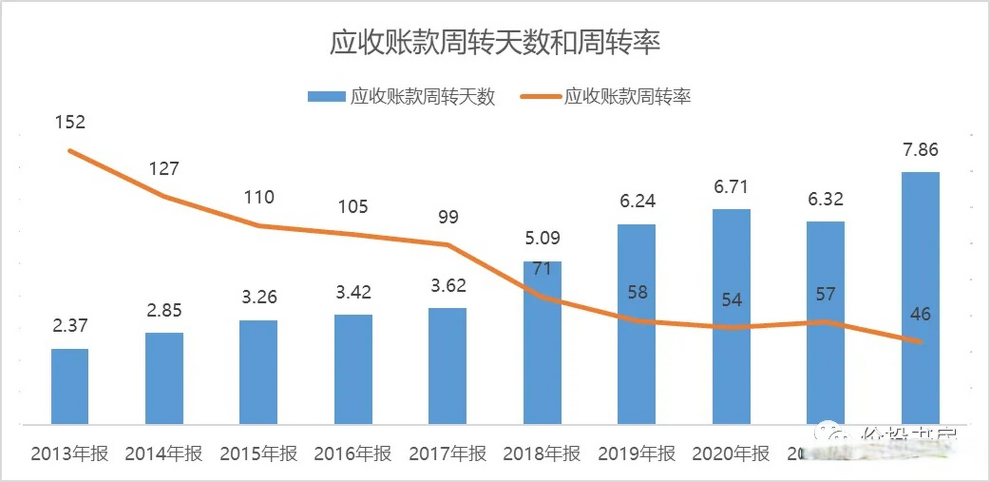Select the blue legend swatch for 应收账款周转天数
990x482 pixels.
(x=326, y=96)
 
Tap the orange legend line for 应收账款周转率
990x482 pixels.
(x=540, y=96)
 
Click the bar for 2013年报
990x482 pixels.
(x=70, y=386)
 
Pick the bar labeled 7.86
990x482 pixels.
(x=920, y=298)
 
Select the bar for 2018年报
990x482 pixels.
(x=542, y=342)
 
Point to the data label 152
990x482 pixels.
(x=70, y=122)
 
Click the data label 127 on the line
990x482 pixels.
(x=164, y=169)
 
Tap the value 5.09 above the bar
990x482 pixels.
(x=542, y=238)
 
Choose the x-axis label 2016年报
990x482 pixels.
(x=353, y=453)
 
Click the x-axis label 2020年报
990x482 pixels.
(x=731, y=453)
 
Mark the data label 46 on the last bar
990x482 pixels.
(x=920, y=314)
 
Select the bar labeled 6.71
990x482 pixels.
(x=731, y=316)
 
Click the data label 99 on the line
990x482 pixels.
(x=448, y=217)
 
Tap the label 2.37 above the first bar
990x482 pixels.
(x=70, y=325)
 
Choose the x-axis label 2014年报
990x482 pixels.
(x=164, y=453)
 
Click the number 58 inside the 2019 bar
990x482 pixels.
(x=637, y=292)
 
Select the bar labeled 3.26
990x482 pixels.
(x=258, y=372)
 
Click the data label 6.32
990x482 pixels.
(x=825, y=199)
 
